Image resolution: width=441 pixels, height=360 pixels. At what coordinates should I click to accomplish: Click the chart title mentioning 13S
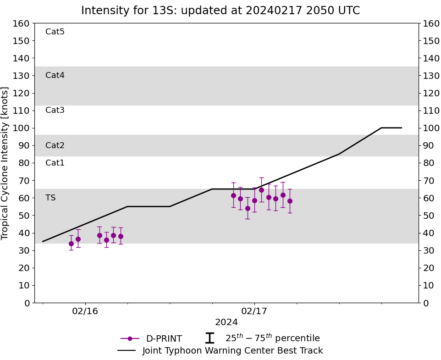[x=220, y=11]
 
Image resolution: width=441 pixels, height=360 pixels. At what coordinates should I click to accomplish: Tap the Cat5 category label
[x=55, y=32]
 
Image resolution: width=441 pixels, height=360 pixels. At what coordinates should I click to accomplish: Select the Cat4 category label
[x=55, y=75]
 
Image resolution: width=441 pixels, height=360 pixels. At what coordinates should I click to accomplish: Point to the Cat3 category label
[x=55, y=110]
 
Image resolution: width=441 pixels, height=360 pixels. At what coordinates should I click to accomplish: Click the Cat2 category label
[x=55, y=145]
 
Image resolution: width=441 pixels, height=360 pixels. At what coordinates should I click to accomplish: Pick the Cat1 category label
[x=55, y=163]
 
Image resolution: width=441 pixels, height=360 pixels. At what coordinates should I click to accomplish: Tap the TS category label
[x=50, y=198]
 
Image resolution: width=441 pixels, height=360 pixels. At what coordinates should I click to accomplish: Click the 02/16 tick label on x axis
[x=85, y=311]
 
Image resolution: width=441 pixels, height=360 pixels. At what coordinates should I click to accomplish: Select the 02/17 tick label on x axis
[x=254, y=311]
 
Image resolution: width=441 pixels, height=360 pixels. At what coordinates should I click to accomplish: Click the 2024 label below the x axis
[x=226, y=322]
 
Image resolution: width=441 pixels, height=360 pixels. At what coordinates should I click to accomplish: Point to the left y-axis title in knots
[x=6, y=163]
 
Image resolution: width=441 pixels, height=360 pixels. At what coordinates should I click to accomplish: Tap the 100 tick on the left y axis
[x=22, y=128]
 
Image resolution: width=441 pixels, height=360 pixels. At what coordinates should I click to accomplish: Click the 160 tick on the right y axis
[x=431, y=23]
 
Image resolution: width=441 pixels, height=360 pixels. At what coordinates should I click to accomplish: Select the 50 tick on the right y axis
[x=428, y=216]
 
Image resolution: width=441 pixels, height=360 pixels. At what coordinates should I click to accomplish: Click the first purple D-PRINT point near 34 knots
[x=71, y=244]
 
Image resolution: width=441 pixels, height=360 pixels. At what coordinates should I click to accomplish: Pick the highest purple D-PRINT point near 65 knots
[x=261, y=190]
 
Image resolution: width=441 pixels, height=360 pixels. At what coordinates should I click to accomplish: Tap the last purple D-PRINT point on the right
[x=290, y=201]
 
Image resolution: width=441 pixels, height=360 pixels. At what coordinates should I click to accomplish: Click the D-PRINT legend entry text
[x=164, y=339]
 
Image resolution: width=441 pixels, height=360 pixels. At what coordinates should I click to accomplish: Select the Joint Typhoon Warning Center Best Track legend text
[x=232, y=351]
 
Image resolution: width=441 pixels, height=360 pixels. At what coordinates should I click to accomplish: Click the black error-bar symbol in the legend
[x=209, y=338]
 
